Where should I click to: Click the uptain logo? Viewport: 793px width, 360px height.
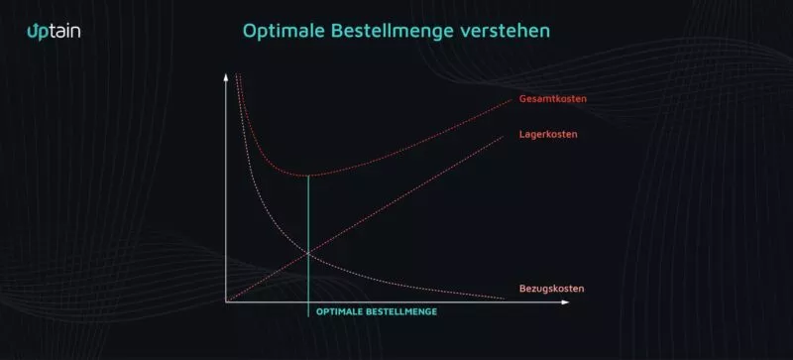(54, 31)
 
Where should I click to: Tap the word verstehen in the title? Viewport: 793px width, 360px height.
(509, 31)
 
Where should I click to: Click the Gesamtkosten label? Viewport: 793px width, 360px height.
(551, 99)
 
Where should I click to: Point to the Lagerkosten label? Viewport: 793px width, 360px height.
(548, 134)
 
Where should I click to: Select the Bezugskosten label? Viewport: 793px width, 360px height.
(551, 289)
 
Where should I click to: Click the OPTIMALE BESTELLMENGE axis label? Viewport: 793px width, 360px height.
(377, 311)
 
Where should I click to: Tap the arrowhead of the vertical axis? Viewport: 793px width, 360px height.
(227, 76)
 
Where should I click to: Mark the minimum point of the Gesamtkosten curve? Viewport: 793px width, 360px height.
(309, 175)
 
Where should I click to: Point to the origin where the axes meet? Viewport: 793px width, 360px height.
(227, 301)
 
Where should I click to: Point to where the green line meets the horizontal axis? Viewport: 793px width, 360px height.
(309, 301)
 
